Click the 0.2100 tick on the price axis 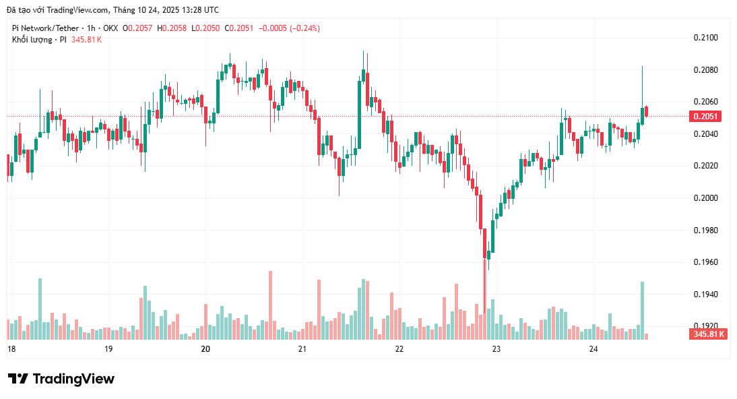click(705, 38)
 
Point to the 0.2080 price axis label click(705, 70)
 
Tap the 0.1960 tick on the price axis click(705, 262)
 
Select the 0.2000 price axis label click(705, 198)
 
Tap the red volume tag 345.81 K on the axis click(707, 334)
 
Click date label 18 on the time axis click(11, 349)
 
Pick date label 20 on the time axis click(206, 349)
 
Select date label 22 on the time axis click(399, 349)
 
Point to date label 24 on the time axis click(594, 349)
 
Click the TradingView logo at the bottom click(61, 379)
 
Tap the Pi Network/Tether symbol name click(44, 28)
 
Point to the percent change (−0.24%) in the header click(304, 28)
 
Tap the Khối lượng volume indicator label click(32, 40)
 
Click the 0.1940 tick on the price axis click(705, 295)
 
